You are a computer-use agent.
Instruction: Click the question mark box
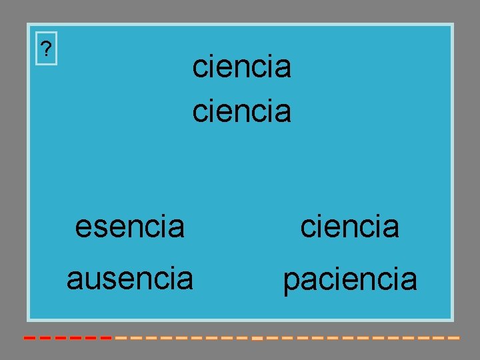(x=46, y=49)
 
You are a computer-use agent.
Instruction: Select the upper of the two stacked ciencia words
(x=241, y=67)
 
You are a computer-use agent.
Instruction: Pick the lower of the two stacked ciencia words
(x=241, y=111)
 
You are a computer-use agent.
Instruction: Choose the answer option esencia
(x=129, y=227)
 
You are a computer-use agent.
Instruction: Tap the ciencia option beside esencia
(x=349, y=227)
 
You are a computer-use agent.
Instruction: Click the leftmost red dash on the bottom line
(x=29, y=338)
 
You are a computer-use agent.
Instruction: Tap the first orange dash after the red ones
(x=121, y=338)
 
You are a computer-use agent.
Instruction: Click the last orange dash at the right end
(x=453, y=338)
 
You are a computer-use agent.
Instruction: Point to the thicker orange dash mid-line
(x=257, y=338)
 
